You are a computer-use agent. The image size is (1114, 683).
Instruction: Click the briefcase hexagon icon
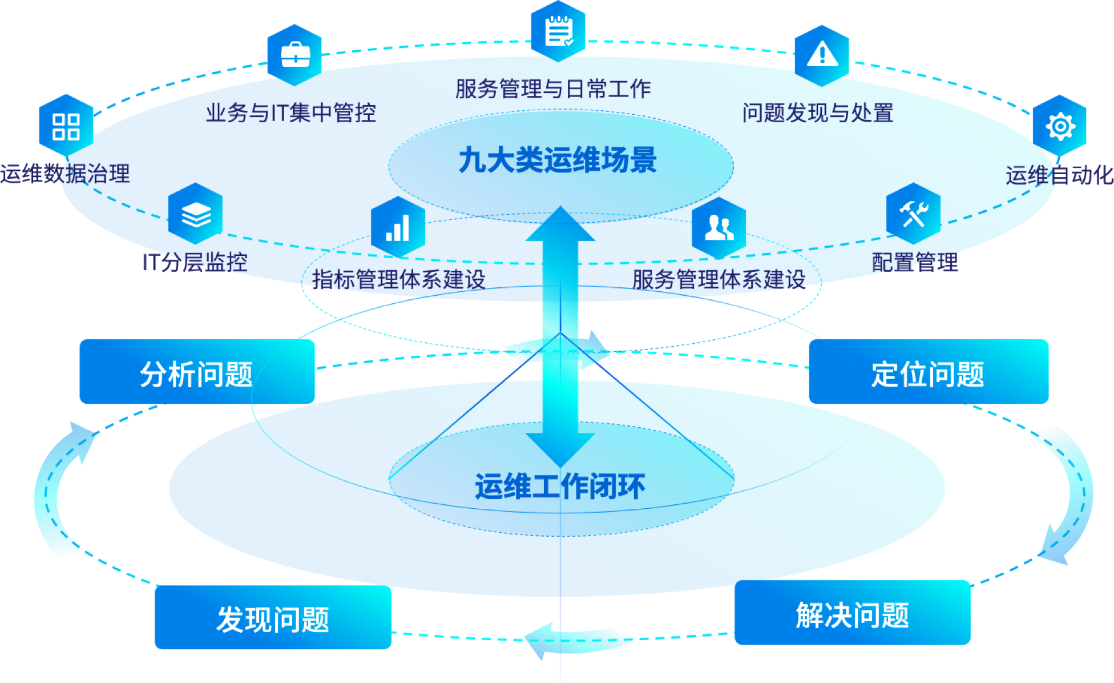click(x=295, y=54)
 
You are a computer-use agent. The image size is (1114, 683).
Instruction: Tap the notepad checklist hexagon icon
click(x=558, y=31)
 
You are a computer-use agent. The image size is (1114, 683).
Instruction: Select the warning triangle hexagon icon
click(x=822, y=55)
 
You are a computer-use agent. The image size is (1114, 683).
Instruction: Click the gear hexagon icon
click(x=1060, y=126)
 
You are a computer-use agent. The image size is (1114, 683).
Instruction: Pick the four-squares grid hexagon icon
click(x=66, y=126)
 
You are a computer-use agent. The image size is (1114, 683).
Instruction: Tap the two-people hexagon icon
click(x=719, y=227)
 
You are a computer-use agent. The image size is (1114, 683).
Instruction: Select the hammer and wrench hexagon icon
click(x=913, y=214)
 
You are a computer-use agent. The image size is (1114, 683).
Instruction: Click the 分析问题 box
click(x=197, y=372)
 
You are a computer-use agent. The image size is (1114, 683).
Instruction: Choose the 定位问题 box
click(x=929, y=372)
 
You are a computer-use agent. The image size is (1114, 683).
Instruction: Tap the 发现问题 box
click(x=273, y=618)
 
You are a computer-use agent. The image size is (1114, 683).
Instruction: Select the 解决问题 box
click(x=852, y=613)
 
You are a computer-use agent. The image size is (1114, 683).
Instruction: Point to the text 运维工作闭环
click(x=560, y=487)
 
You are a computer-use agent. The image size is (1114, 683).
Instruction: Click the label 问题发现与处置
click(x=818, y=113)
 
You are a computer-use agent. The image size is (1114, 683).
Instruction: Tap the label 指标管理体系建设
click(x=398, y=279)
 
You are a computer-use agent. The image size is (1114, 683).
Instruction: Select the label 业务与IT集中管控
click(x=291, y=113)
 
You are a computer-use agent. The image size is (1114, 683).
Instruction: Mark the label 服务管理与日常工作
click(x=552, y=89)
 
